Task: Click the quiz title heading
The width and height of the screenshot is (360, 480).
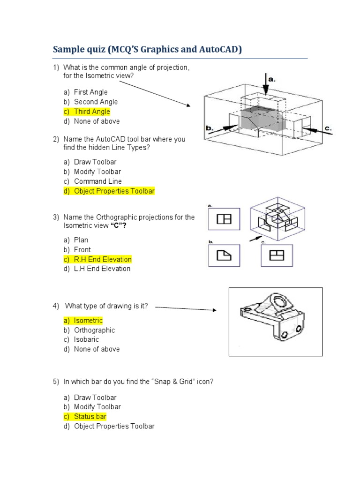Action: pyautogui.click(x=147, y=49)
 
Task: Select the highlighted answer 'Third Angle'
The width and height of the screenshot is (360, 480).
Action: pyautogui.click(x=91, y=112)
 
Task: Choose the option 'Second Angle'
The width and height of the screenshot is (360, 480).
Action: pyautogui.click(x=96, y=102)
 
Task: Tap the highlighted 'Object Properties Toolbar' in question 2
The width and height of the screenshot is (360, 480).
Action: pyautogui.click(x=114, y=191)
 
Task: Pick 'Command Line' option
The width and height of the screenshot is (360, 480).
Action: pyautogui.click(x=97, y=181)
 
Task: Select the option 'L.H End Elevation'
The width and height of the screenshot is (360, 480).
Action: pyautogui.click(x=102, y=269)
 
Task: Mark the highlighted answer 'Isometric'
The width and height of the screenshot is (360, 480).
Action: pyautogui.click(x=88, y=321)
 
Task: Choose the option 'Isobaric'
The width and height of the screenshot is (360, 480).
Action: pyautogui.click(x=86, y=339)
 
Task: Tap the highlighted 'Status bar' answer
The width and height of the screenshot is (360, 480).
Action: pyautogui.click(x=90, y=416)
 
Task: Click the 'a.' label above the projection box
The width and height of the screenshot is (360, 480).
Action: pyautogui.click(x=272, y=80)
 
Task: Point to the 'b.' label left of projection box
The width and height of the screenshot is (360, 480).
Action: pyautogui.click(x=210, y=127)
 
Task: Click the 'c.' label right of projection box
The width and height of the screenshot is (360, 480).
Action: pyautogui.click(x=328, y=127)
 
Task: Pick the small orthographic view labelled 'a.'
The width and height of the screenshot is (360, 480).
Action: pyautogui.click(x=224, y=219)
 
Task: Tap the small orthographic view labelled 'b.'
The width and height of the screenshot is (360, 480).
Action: pyautogui.click(x=224, y=255)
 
